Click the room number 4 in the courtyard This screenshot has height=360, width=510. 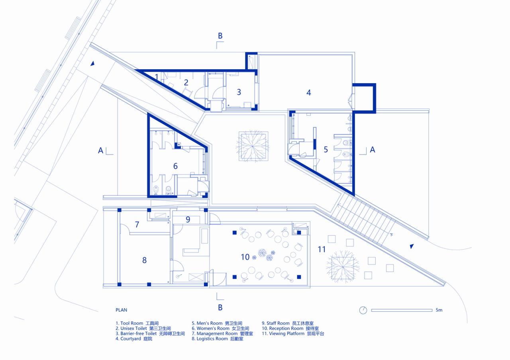pos(308,93)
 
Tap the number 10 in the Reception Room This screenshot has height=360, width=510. pos(245,257)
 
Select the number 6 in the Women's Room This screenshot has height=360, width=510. pos(175,166)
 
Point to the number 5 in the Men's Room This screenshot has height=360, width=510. pos(326,150)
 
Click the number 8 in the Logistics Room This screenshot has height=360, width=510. pos(144,260)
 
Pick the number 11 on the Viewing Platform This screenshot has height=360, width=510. pos(322,250)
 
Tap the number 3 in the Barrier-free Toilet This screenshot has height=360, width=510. pos(239,92)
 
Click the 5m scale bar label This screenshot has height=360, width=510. pos(439,310)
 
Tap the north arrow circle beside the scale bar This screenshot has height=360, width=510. pos(363,310)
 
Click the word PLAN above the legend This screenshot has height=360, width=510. pos(121,310)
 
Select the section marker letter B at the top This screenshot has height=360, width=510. pos(220,36)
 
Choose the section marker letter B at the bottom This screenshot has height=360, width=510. pos(220,307)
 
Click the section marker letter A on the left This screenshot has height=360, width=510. pos(101,151)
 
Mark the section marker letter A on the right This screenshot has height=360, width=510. pos(373,150)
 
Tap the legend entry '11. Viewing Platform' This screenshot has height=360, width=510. pos(293,334)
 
